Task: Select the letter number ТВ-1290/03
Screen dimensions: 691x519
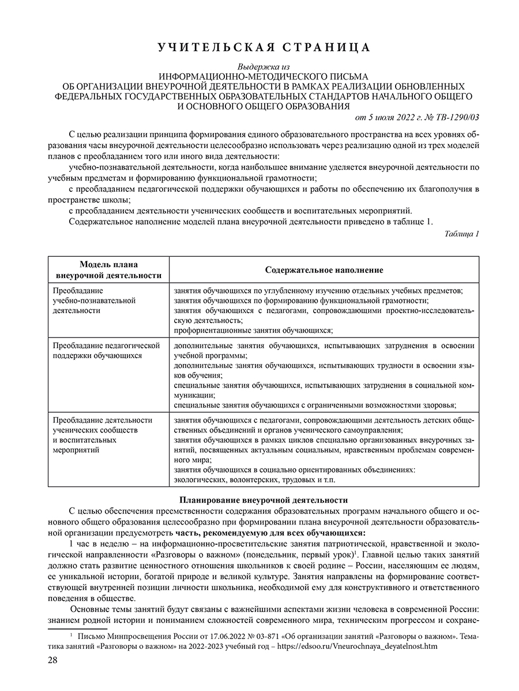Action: click(458, 117)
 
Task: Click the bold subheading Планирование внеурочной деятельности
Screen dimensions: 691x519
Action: click(264, 500)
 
